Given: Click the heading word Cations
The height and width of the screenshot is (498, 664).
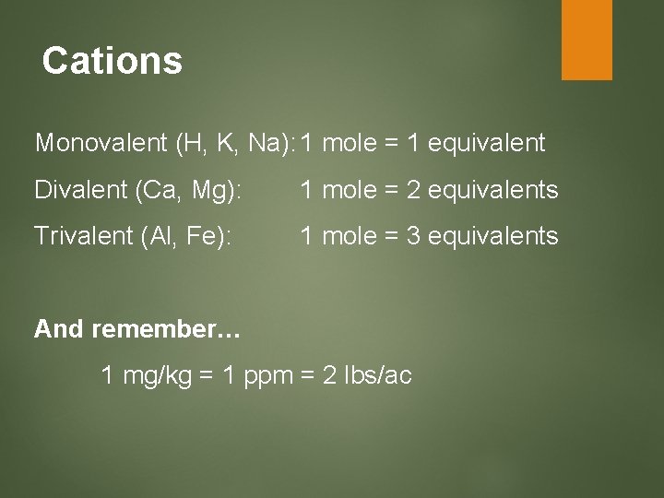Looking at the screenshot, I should (113, 62).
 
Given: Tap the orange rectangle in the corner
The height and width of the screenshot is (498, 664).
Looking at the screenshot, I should (587, 39).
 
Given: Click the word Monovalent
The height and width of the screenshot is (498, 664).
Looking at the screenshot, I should (100, 144).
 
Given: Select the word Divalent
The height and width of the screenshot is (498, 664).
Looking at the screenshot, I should (80, 190).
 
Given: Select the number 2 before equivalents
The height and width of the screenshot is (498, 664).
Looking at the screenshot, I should (417, 190).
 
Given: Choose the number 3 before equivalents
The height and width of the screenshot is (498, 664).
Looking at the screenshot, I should (417, 236).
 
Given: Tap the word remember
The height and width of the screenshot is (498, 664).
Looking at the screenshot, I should (166, 329).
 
